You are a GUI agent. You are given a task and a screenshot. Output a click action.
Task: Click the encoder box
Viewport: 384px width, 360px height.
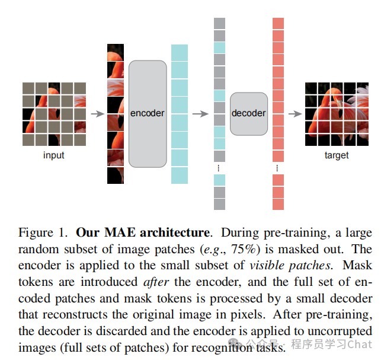(147, 113)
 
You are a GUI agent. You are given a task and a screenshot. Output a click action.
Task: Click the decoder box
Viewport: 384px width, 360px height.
(248, 113)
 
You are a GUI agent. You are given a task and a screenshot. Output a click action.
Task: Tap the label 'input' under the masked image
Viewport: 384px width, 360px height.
(54, 155)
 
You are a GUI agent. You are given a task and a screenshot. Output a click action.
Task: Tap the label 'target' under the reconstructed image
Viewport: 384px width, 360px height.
(337, 155)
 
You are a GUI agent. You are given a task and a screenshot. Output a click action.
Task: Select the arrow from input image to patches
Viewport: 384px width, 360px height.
(96, 113)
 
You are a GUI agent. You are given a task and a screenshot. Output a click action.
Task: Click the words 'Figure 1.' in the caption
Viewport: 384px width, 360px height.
(44, 232)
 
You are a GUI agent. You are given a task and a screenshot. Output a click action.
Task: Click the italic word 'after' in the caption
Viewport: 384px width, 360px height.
(155, 282)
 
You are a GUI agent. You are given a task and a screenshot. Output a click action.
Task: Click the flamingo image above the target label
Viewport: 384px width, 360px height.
(336, 113)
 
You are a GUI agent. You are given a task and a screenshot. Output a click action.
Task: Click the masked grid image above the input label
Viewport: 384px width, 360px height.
(54, 113)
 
